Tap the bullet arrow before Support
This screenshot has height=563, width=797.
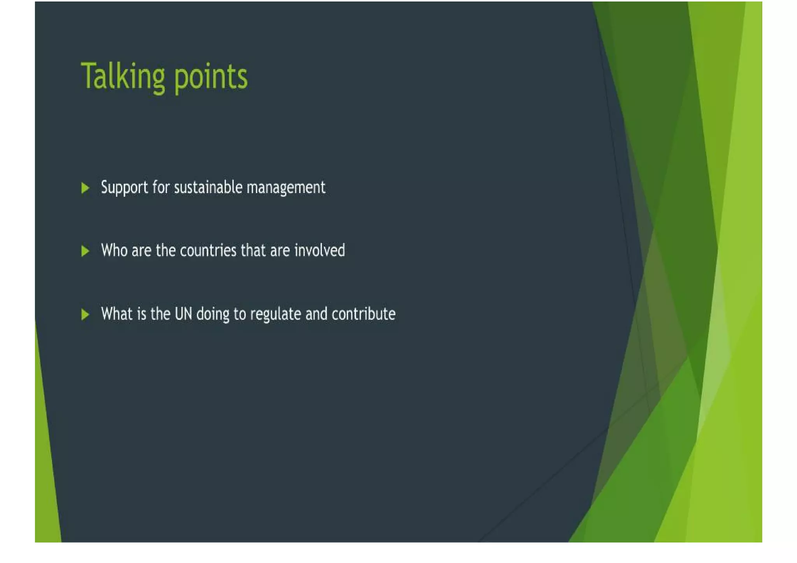[85, 188]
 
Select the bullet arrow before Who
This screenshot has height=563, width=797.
[85, 251]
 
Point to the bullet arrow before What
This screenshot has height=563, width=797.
[85, 314]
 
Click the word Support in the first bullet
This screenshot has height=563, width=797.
[124, 188]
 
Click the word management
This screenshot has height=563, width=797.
[286, 188]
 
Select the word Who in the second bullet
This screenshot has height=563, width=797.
[114, 250]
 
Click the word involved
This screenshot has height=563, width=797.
[320, 250]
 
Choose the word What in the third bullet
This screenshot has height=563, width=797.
[116, 314]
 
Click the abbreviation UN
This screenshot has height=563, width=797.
[183, 314]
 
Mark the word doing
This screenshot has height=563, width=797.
[212, 314]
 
